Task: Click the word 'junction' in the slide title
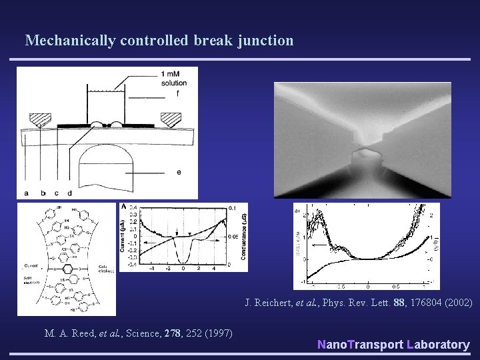[266, 41]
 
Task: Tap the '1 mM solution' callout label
[173, 78]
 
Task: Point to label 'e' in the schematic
[179, 171]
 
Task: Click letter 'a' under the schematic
[26, 193]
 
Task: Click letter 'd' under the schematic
[69, 193]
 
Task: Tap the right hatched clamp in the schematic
[171, 120]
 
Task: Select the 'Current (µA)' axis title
[124, 237]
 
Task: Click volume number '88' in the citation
[400, 303]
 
